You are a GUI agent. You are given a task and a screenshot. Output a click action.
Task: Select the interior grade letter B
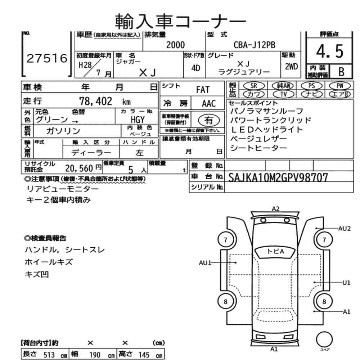click(x=340, y=72)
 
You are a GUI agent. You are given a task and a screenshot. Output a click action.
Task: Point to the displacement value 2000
click(x=175, y=45)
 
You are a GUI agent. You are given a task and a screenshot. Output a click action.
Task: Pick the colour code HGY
click(x=137, y=120)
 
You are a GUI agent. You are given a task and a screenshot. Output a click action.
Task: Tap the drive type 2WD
click(x=291, y=66)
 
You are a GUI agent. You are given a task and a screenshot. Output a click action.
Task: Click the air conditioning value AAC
click(x=208, y=104)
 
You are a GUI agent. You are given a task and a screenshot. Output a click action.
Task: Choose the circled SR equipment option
click(x=254, y=86)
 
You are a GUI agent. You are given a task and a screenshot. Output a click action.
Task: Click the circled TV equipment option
click(x=284, y=94)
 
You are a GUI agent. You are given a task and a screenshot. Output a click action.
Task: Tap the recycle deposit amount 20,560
click(x=79, y=167)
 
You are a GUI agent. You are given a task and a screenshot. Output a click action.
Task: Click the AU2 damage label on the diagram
click(x=344, y=228)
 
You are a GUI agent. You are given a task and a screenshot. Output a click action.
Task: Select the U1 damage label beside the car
click(x=346, y=283)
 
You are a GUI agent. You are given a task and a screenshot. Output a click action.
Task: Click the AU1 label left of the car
click(x=205, y=263)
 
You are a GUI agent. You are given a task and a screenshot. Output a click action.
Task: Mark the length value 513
click(x=49, y=355)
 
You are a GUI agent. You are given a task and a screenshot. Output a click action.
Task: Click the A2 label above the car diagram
click(x=276, y=208)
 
